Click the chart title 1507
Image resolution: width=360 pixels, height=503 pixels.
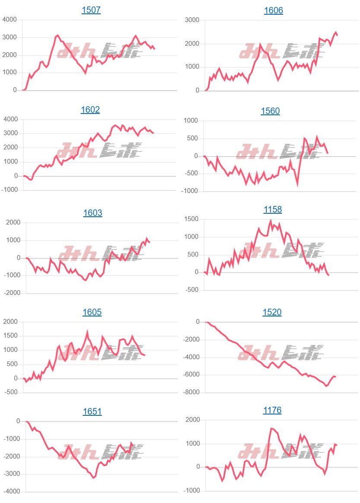(x=91, y=10)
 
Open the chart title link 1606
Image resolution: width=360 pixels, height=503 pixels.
(x=274, y=10)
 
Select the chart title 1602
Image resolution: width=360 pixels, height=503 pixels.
(x=90, y=110)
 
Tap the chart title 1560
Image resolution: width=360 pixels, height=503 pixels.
(x=270, y=111)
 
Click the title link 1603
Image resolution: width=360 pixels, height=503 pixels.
(x=93, y=213)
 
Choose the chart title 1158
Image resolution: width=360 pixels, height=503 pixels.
(x=272, y=209)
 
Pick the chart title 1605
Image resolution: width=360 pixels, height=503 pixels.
(x=92, y=312)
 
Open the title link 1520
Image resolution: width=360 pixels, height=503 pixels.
(x=272, y=312)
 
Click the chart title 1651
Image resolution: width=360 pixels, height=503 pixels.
(x=92, y=411)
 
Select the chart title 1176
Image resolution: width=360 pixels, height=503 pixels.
(x=272, y=410)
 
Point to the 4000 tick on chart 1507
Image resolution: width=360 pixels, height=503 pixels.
(x=9, y=19)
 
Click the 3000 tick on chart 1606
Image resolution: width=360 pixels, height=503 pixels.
(x=192, y=20)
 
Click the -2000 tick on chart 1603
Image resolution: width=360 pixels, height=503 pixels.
(x=13, y=293)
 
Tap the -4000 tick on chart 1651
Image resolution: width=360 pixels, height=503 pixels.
(x=11, y=491)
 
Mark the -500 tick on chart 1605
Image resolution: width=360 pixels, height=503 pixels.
(x=11, y=392)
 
